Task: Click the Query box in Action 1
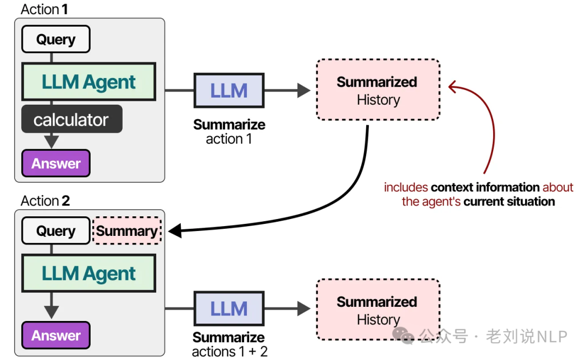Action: click(55, 40)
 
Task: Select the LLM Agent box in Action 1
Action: click(88, 82)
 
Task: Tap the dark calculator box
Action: click(72, 119)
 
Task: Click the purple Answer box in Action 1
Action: click(55, 164)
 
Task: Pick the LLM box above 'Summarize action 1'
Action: click(228, 91)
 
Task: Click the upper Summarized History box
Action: click(378, 90)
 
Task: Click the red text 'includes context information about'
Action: click(478, 188)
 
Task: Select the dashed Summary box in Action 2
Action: click(127, 231)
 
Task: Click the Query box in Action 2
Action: click(55, 231)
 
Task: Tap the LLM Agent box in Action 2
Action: click(88, 273)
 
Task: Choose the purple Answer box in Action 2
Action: click(55, 335)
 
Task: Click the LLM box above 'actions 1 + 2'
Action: click(228, 308)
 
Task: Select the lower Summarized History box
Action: click(378, 310)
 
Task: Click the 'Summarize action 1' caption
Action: click(229, 132)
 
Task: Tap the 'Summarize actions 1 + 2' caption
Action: click(229, 344)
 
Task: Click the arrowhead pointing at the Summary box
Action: click(175, 232)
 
